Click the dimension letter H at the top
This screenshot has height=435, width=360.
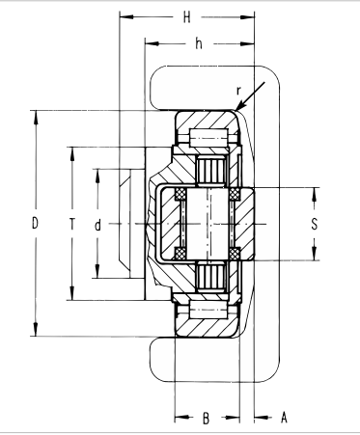coord(187,17)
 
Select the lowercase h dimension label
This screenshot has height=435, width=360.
coord(198,43)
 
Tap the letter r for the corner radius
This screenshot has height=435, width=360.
coord(238,93)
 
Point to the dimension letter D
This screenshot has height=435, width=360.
coord(35,224)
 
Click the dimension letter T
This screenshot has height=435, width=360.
coord(71,224)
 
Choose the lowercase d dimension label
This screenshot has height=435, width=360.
coord(98,224)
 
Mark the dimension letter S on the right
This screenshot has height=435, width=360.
coord(314,224)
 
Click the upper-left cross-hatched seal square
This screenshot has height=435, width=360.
coord(175,198)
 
